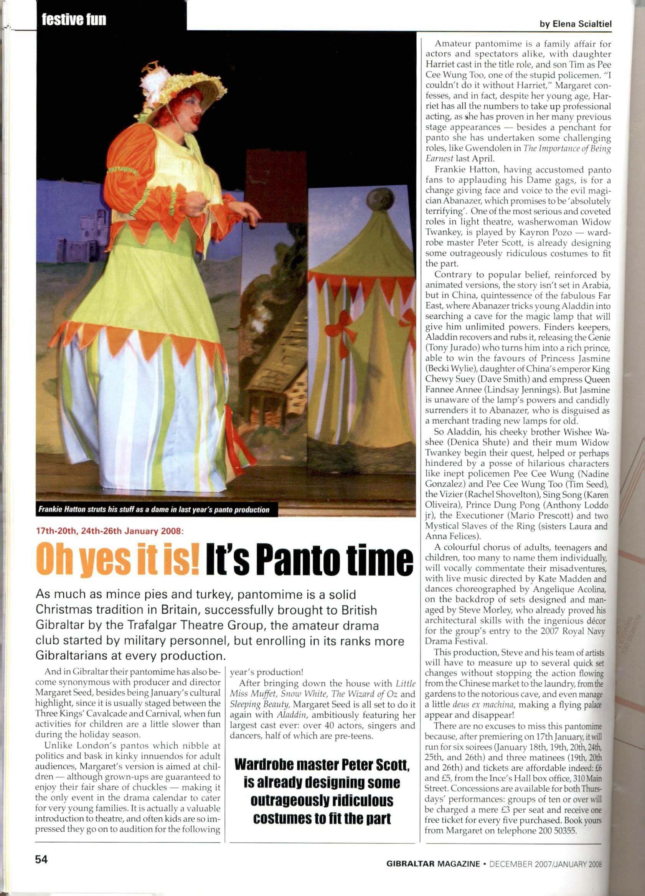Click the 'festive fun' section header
tap(74, 19)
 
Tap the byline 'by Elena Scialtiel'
tap(576, 24)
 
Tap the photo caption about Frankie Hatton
tap(154, 510)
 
